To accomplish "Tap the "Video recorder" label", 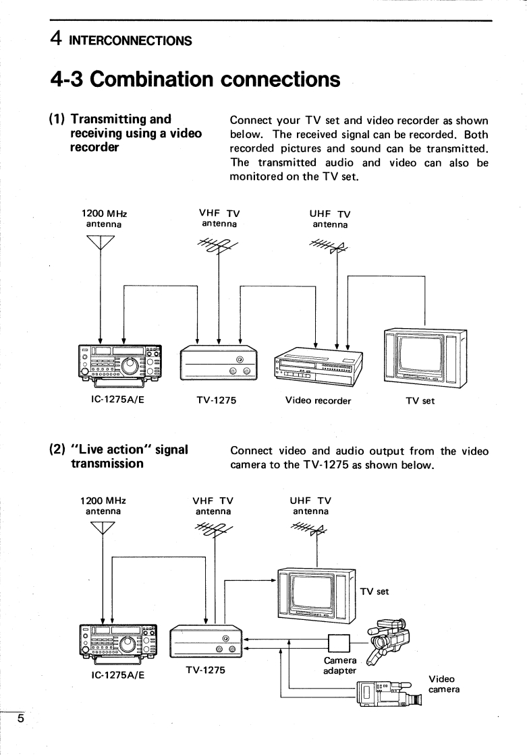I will (x=318, y=400).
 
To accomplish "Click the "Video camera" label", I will (x=443, y=685).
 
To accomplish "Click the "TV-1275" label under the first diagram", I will (x=216, y=400).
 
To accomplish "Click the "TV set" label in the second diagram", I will (x=375, y=592).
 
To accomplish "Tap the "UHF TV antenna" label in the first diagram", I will (x=329, y=219).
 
